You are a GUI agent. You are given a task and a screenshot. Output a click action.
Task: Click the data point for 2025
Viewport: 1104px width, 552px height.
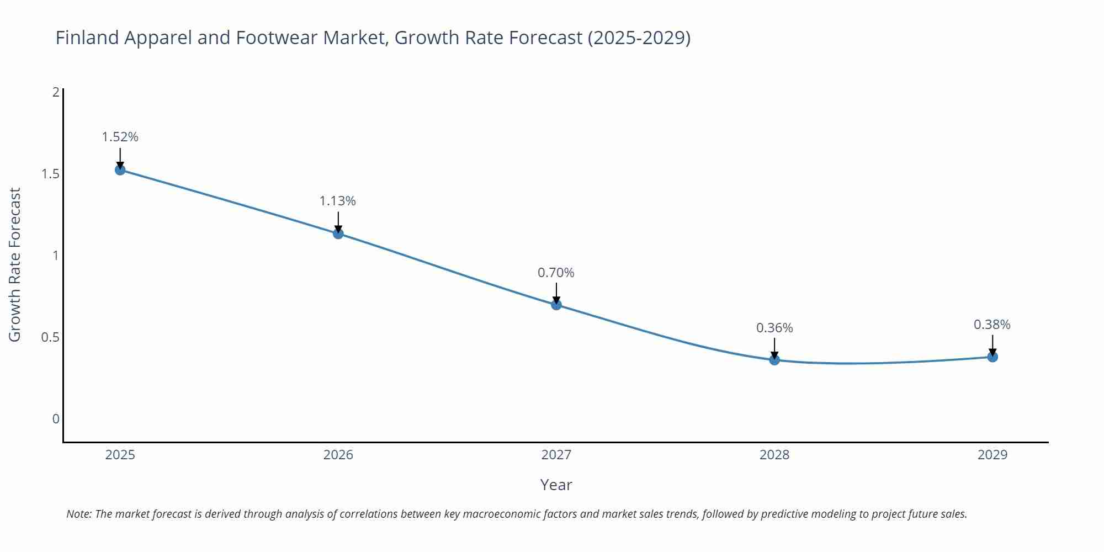(x=120, y=169)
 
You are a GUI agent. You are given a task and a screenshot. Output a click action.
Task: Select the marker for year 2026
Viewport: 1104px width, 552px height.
(x=338, y=233)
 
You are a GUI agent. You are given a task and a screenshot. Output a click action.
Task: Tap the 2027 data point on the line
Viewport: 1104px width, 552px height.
(x=556, y=304)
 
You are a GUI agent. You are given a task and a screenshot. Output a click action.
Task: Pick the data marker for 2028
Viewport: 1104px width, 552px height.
(x=774, y=360)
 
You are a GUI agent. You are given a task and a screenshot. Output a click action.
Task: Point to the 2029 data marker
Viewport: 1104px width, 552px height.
(x=992, y=357)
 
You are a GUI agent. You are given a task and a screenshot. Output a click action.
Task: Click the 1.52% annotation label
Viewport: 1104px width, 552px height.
(x=120, y=137)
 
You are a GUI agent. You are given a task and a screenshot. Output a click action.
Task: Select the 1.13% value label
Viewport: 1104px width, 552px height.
(x=338, y=201)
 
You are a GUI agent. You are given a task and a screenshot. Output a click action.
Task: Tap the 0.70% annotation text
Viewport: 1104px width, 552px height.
(x=556, y=273)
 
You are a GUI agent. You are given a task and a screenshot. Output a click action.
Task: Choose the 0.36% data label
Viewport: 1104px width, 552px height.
(x=774, y=328)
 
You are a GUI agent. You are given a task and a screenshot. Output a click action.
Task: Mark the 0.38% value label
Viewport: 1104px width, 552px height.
(x=992, y=325)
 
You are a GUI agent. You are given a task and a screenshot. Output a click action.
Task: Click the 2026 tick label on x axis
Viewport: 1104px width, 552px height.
(x=338, y=455)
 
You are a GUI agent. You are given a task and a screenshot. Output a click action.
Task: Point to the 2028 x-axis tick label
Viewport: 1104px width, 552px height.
(x=774, y=455)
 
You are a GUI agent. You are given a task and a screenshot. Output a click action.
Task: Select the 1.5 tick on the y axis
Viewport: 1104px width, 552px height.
(x=50, y=174)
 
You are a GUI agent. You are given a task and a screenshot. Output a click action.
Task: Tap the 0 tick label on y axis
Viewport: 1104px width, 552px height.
(x=56, y=419)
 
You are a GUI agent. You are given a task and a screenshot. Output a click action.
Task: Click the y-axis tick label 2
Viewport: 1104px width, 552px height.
(x=56, y=92)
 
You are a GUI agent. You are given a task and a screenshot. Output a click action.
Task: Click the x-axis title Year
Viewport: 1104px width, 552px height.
(x=556, y=485)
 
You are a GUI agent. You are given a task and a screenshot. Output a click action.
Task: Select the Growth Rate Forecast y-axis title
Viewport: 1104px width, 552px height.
(x=15, y=264)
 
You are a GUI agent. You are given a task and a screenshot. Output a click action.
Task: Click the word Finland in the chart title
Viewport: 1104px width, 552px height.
(x=87, y=38)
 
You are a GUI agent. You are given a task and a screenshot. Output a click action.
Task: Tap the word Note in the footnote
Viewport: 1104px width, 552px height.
(x=78, y=514)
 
